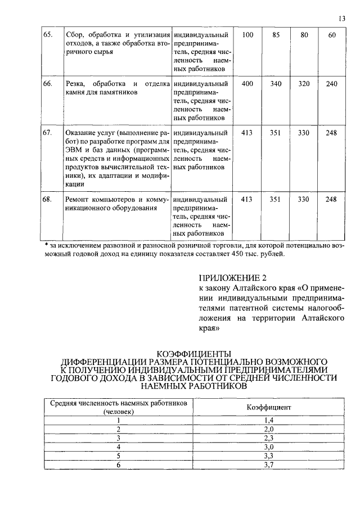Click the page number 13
point(342,19)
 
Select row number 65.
point(48,35)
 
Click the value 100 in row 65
point(247,35)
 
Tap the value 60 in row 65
point(332,35)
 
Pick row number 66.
point(48,84)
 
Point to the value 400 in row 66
point(247,84)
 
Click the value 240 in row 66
point(332,84)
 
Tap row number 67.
point(48,133)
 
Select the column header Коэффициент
point(268,407)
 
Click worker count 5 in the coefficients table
point(119,456)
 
